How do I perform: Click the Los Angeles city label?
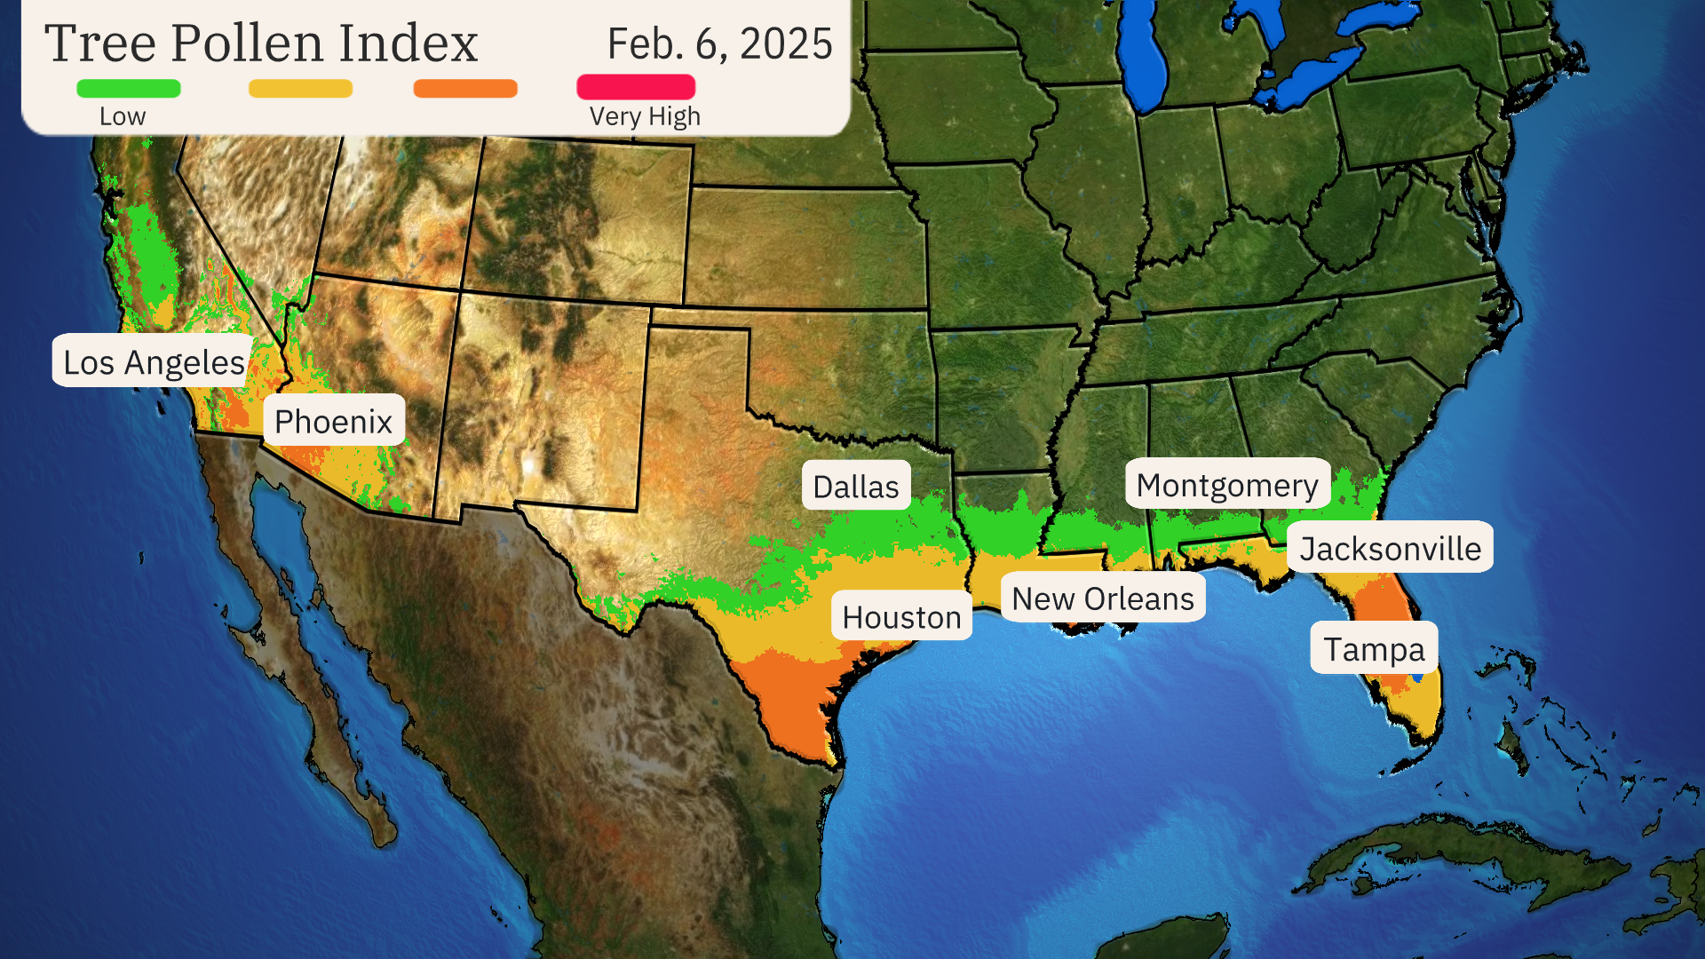[x=154, y=361]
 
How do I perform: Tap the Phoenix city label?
[x=334, y=421]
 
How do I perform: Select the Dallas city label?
[x=856, y=486]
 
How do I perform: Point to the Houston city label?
[x=901, y=616]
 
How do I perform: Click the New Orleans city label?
[x=1103, y=598]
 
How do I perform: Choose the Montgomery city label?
[x=1227, y=485]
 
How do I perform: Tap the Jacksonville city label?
[x=1390, y=548]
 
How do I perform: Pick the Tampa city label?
[x=1374, y=648]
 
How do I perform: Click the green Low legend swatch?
[x=129, y=88]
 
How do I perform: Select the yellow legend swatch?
[x=300, y=88]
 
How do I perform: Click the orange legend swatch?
[x=465, y=88]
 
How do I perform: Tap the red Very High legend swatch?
[x=636, y=87]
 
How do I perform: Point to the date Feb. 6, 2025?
[x=719, y=44]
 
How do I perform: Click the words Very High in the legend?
[x=645, y=116]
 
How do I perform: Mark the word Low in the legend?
[x=123, y=116]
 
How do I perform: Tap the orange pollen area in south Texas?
[x=790, y=701]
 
